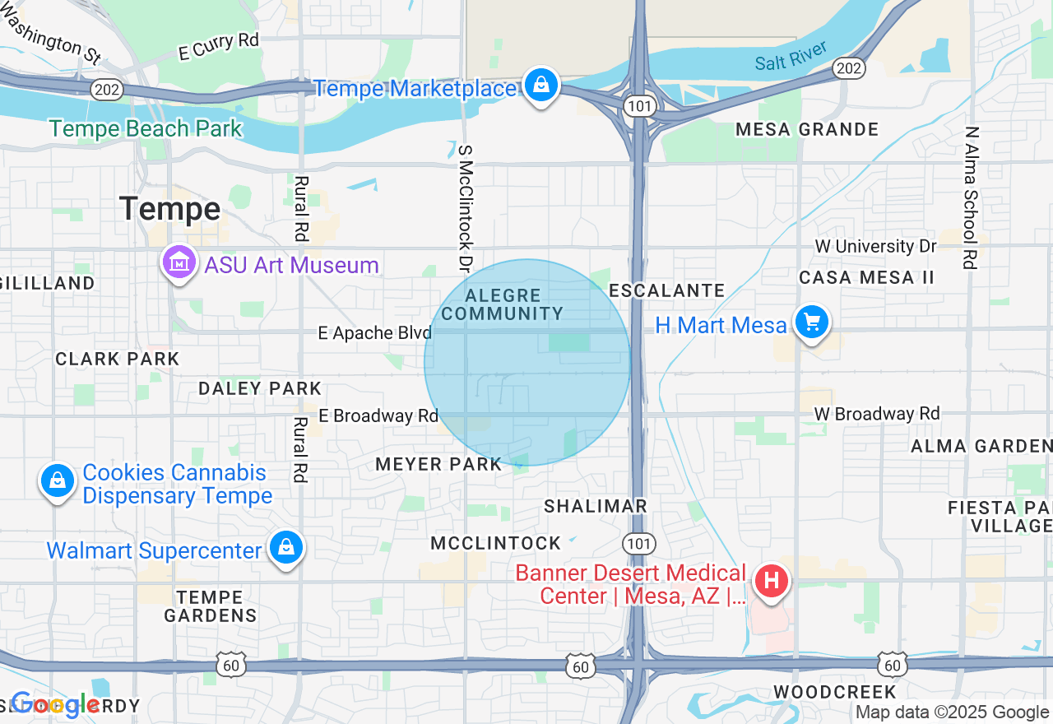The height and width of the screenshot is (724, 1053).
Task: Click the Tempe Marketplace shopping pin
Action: (541, 85)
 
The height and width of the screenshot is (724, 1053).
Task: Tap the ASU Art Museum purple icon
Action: (179, 263)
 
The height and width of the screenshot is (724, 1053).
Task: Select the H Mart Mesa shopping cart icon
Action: (812, 323)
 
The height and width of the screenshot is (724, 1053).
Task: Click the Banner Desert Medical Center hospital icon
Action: (772, 581)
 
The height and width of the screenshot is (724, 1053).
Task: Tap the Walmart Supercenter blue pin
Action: (286, 547)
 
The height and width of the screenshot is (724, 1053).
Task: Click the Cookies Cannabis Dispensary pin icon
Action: (58, 480)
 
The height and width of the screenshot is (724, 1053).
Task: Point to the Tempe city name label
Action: (169, 209)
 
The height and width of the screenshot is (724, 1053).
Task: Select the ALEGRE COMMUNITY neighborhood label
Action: (502, 304)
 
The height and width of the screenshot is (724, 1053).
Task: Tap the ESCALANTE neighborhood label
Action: (667, 290)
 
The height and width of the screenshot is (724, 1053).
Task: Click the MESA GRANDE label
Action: (807, 130)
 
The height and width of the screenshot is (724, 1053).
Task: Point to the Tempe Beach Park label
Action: (146, 129)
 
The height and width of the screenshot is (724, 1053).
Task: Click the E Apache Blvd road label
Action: (375, 333)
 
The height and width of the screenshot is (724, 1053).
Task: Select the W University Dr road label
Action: (876, 246)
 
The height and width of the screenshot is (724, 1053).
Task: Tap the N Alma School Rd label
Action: (972, 197)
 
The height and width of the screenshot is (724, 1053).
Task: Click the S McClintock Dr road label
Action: (466, 209)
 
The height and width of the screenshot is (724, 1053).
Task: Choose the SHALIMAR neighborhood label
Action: (596, 506)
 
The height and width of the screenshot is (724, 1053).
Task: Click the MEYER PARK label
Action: (438, 465)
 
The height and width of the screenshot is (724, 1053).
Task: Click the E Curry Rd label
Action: (219, 46)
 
